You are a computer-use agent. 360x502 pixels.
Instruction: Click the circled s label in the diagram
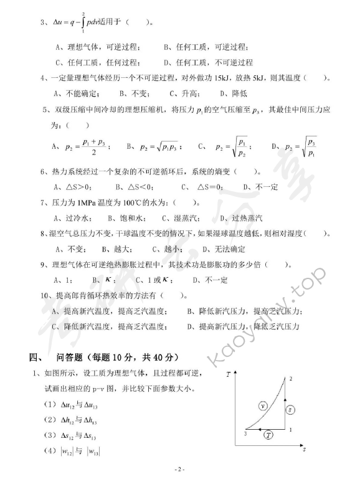click(x=290, y=409)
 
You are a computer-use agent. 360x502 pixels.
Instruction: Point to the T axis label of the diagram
click(x=229, y=374)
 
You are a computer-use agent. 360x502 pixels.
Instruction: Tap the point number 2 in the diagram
click(x=291, y=379)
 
